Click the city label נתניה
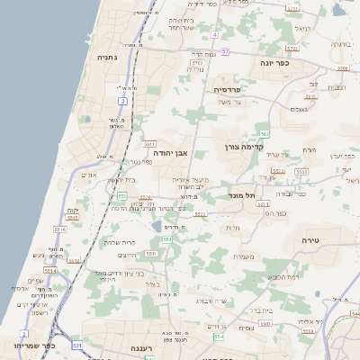tap(109, 56)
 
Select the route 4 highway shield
tap(216, 35)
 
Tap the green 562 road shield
tap(264, 132)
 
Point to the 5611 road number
tap(149, 144)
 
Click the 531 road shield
tap(78, 346)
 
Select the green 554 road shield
tap(219, 337)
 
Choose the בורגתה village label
tap(340, 43)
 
